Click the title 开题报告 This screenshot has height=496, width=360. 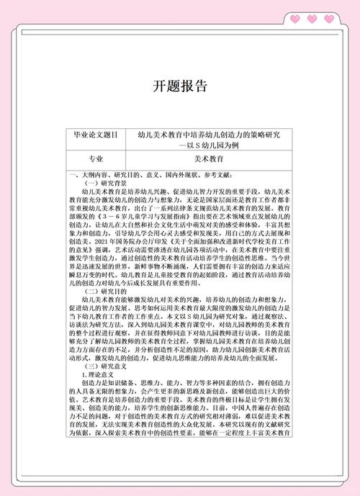coord(180,87)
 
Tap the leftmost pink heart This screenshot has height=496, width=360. coord(296,19)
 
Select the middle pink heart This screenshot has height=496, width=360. coord(312,19)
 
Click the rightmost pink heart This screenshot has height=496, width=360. coord(330,19)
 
